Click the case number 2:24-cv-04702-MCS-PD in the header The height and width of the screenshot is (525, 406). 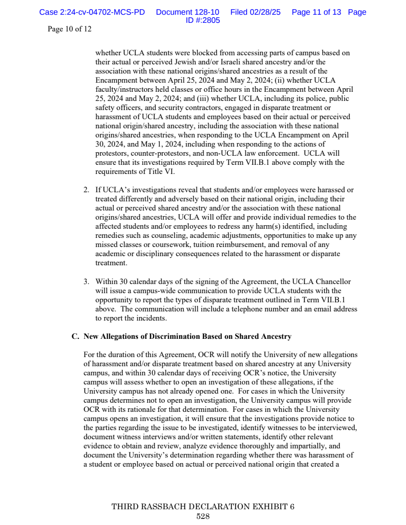pos(92,12)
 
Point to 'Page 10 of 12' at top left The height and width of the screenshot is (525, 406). pos(70,29)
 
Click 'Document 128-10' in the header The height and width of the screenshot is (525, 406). pos(188,12)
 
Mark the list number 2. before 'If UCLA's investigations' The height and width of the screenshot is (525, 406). pos(86,190)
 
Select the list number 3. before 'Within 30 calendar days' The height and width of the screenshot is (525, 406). pos(86,282)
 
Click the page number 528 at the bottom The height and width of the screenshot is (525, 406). pos(203,516)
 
